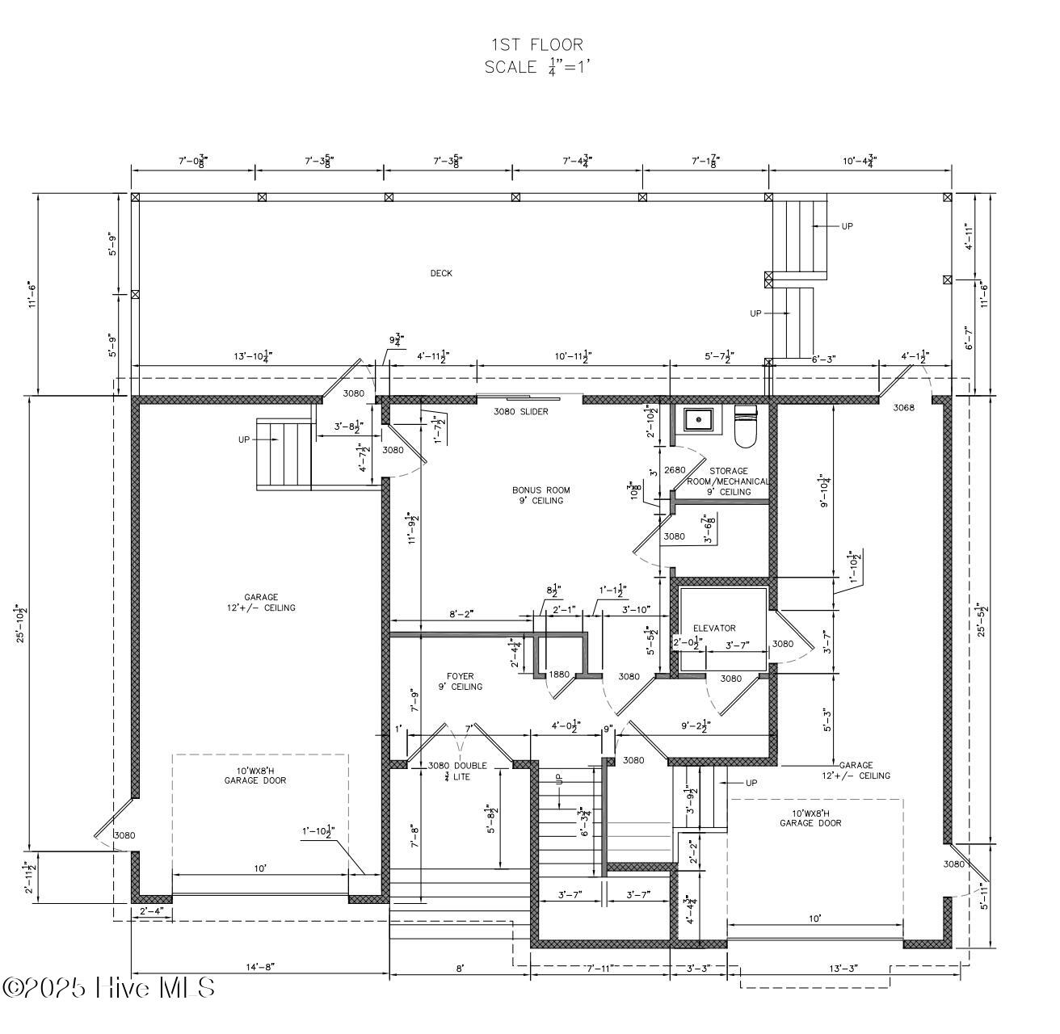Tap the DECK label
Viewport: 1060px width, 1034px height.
coord(441,273)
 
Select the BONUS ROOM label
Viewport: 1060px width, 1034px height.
coord(541,494)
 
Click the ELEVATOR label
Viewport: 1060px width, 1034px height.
coord(714,628)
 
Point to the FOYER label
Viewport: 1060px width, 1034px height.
coord(460,681)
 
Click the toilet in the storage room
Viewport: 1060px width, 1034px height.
coord(744,426)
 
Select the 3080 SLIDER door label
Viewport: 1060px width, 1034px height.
coord(520,411)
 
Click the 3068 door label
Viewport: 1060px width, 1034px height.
coord(903,408)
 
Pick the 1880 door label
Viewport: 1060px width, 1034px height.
coord(559,675)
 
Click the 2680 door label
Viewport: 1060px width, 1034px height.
coord(674,470)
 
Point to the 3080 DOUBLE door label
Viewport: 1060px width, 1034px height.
coord(457,766)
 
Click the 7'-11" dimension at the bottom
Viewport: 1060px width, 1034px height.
coord(601,968)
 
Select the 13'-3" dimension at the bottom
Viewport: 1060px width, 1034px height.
coord(843,968)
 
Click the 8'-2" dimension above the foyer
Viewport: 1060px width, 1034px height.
coord(461,614)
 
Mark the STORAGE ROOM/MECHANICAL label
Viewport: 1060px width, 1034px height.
coord(729,481)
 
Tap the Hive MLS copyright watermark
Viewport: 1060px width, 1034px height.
coord(109,987)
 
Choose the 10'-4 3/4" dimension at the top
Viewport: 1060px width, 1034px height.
coord(858,162)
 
